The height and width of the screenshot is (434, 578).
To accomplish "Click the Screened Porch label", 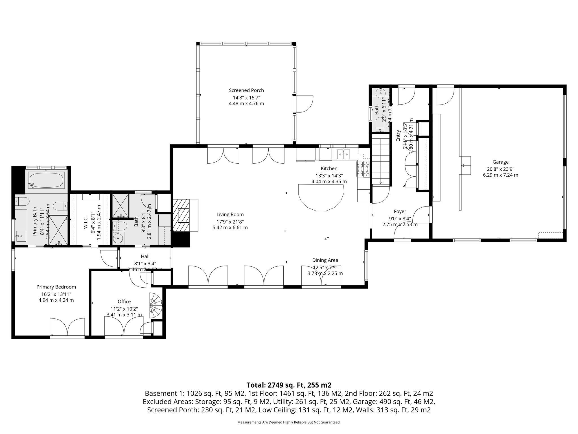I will point(246,90).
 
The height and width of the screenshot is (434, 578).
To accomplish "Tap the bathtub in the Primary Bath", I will point(47,180).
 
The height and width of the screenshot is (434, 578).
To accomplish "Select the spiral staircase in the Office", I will point(156,305).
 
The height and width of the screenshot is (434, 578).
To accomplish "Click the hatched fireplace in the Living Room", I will point(181,215).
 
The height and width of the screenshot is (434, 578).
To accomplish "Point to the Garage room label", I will point(500,162).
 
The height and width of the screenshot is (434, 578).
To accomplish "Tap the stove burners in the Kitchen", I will point(363,169).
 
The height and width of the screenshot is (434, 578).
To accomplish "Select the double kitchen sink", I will point(344,154).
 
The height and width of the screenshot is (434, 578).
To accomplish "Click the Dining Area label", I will point(325,260).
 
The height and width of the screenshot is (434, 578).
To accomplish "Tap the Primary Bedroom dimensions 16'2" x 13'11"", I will point(56,294).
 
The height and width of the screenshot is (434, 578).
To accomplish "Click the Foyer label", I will point(400,211).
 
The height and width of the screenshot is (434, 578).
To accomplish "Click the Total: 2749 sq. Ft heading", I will point(289,385).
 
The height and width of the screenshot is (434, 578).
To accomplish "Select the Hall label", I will point(145,256).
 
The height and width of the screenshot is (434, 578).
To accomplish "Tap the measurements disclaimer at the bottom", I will point(289,422).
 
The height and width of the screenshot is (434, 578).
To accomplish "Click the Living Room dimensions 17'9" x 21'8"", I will point(230,221).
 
